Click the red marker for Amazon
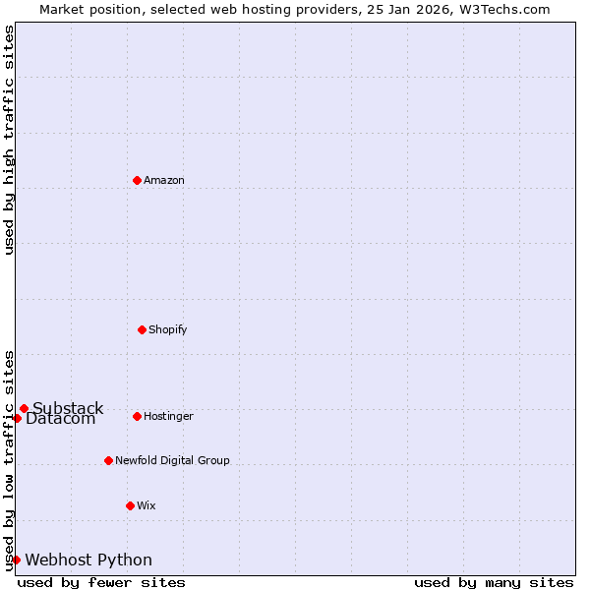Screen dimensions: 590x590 (137, 180)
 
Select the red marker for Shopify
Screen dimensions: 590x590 (142, 329)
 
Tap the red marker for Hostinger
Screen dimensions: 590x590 (137, 416)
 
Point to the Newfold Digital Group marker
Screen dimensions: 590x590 (108, 460)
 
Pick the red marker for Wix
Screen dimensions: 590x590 (130, 505)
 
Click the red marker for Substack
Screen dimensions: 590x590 (24, 408)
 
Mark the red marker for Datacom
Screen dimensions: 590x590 (17, 418)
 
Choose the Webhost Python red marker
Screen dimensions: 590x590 (16, 560)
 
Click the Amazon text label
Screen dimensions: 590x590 (164, 180)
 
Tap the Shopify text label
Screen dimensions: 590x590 (168, 329)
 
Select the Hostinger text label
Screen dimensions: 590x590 (168, 416)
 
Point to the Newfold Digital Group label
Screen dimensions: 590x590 (172, 460)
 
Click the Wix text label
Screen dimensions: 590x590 (147, 505)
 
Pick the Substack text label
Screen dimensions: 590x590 (68, 408)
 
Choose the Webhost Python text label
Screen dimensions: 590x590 (88, 560)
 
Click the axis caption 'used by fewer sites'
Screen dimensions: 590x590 (101, 582)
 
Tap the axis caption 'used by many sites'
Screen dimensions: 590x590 (494, 582)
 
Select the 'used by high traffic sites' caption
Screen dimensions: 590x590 (9, 140)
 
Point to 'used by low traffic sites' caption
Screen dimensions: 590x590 (9, 460)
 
